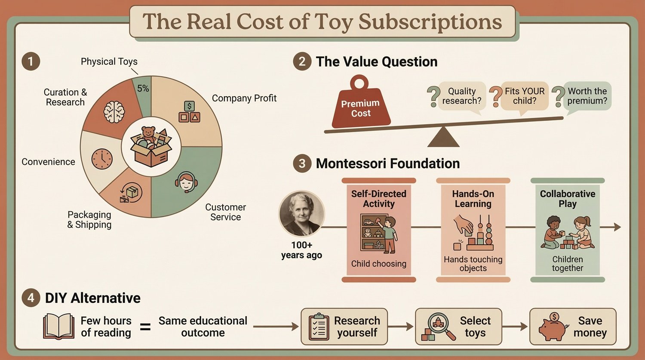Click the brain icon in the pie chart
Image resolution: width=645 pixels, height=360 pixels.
pyautogui.click(x=114, y=111)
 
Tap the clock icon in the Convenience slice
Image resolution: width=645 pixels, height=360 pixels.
pyautogui.click(x=102, y=159)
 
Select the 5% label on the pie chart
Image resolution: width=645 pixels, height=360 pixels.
pyautogui.click(x=143, y=89)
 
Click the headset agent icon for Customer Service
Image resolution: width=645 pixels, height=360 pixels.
pyautogui.click(x=186, y=182)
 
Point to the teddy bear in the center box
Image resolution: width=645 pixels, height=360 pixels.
pyautogui.click(x=148, y=134)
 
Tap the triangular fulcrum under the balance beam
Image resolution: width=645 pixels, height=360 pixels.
pyautogui.click(x=443, y=138)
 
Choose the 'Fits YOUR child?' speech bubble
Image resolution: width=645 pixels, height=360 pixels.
pyautogui.click(x=524, y=96)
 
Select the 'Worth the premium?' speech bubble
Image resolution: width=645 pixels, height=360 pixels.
pyautogui.click(x=587, y=96)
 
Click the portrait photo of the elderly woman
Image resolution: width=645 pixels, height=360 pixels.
pyautogui.click(x=301, y=214)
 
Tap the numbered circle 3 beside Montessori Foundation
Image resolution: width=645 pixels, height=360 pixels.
pyautogui.click(x=302, y=164)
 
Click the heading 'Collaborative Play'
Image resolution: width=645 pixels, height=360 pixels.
pyautogui.click(x=568, y=199)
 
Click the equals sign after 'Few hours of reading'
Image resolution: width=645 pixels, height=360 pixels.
pyautogui.click(x=146, y=327)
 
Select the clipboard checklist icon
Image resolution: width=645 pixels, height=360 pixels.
pyautogui.click(x=319, y=327)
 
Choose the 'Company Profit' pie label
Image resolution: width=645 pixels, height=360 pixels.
pyautogui.click(x=244, y=98)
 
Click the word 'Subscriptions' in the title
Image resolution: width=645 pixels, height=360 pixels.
pyautogui.click(x=430, y=22)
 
